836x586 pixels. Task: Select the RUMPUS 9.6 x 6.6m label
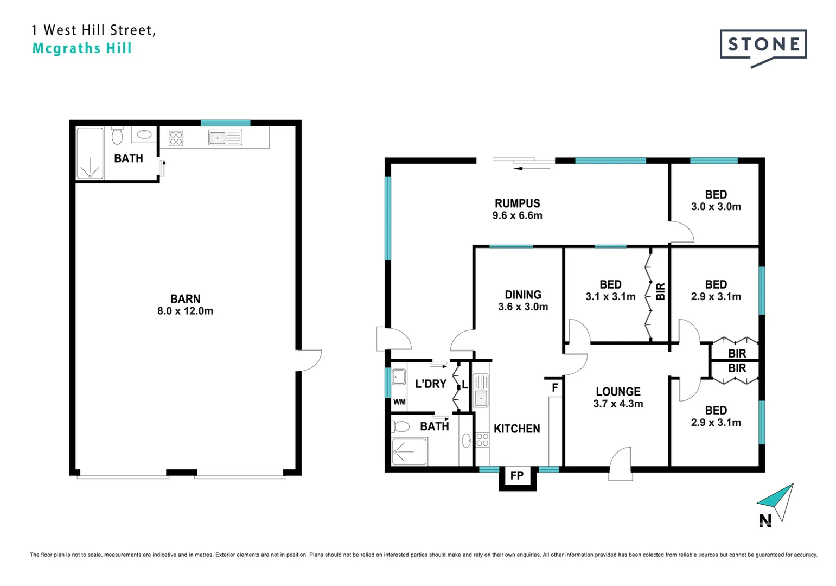(517, 209)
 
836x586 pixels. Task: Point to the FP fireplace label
(516, 476)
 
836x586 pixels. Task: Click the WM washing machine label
(399, 402)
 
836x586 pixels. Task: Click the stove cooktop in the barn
(176, 138)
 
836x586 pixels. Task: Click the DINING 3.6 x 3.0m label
(523, 301)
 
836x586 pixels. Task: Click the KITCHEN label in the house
(516, 429)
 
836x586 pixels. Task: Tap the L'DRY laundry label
(430, 384)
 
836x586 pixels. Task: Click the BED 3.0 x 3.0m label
(716, 200)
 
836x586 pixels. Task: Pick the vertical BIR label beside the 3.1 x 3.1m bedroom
(660, 292)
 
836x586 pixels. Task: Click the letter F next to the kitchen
(554, 387)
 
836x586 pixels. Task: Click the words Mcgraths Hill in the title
(82, 48)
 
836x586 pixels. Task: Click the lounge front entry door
(621, 464)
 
